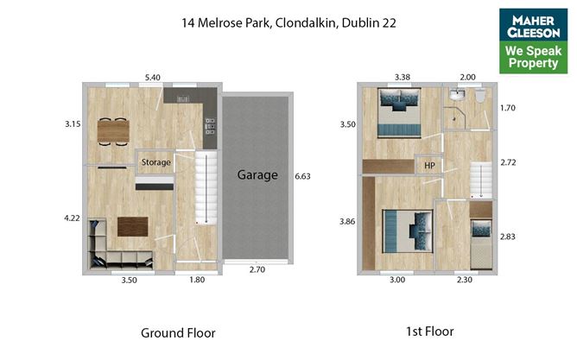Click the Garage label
pos(257,175)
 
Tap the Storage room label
pos(156,162)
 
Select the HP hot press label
pos(429,166)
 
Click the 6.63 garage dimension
pos(302,176)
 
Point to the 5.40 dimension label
pos(153,77)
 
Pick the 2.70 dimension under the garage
pos(257,269)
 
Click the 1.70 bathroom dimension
pos(508,108)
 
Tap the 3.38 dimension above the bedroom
pos(403,77)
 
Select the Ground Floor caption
pos(178,332)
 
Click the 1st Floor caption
pos(430,332)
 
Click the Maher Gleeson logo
pos(533,41)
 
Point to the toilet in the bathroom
pos(480,95)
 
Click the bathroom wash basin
pos(457,95)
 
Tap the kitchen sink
pos(183,99)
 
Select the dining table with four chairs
pos(113,131)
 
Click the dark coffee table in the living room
pos(133,226)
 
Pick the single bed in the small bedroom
pos(481,243)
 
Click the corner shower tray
pos(454,118)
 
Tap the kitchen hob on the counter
pos(210,126)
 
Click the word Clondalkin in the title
pos(305,22)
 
